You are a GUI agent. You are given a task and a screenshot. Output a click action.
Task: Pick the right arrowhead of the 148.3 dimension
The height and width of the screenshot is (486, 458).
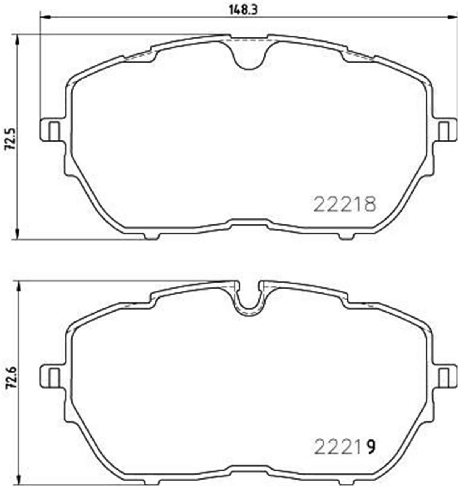[452, 17]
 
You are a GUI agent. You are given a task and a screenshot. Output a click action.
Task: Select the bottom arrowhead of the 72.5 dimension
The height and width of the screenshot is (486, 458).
[16, 234]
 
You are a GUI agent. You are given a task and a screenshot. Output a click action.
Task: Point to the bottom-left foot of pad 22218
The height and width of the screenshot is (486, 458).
[151, 237]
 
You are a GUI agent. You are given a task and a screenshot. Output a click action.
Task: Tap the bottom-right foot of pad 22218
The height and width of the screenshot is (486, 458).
[346, 237]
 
